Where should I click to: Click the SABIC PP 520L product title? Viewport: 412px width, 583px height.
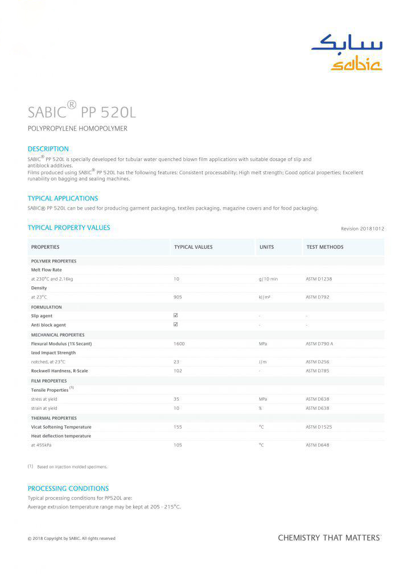pyautogui.click(x=82, y=110)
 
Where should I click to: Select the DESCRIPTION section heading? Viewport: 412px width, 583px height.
pyautogui.click(x=48, y=149)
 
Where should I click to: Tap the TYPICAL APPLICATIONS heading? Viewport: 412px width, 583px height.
pyautogui.click(x=63, y=198)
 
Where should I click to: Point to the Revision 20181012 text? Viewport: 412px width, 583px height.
pyautogui.click(x=362, y=229)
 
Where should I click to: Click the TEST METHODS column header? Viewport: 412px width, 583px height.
pyautogui.click(x=325, y=247)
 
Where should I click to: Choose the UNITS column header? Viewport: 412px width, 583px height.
pyautogui.click(x=266, y=247)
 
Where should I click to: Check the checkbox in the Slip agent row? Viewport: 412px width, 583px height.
pyautogui.click(x=176, y=315)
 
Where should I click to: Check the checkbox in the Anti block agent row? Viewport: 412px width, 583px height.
pyautogui.click(x=176, y=325)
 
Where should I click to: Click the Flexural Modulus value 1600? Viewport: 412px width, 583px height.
pyautogui.click(x=179, y=344)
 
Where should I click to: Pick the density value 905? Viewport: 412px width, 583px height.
pyautogui.click(x=178, y=297)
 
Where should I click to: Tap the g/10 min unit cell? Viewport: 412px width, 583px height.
pyautogui.click(x=268, y=279)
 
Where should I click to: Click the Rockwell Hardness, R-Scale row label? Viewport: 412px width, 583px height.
pyautogui.click(x=59, y=371)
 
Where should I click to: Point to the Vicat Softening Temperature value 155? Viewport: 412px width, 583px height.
pyautogui.click(x=178, y=427)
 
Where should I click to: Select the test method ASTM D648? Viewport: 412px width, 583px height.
pyautogui.click(x=317, y=445)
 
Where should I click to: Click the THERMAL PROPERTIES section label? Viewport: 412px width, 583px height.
pyautogui.click(x=53, y=418)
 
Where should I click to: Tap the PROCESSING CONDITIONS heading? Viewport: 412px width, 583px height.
pyautogui.click(x=68, y=488)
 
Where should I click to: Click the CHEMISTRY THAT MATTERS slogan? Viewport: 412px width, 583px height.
pyautogui.click(x=329, y=537)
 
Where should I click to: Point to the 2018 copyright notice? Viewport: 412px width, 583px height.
pyautogui.click(x=72, y=538)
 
